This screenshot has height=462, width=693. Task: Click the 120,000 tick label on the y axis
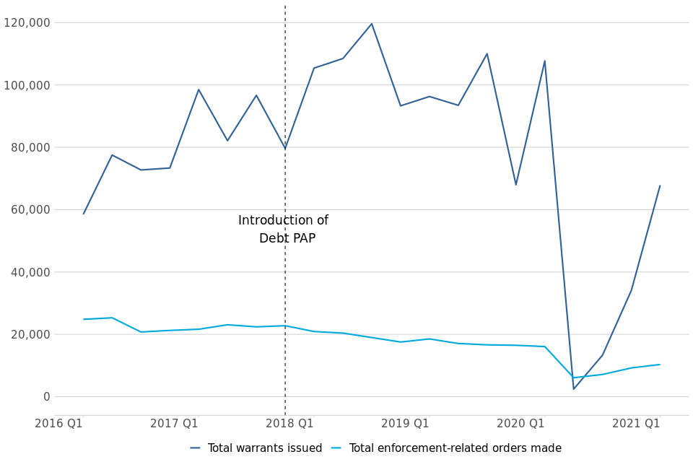click(27, 22)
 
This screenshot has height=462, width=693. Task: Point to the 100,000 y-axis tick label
click(27, 85)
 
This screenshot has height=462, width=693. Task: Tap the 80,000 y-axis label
click(30, 147)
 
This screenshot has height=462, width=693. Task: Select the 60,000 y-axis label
click(30, 210)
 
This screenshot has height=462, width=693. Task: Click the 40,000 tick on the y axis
click(30, 272)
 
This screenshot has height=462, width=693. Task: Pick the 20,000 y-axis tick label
click(30, 334)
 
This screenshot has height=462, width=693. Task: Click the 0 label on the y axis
click(47, 396)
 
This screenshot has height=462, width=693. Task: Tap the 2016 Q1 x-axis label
click(58, 424)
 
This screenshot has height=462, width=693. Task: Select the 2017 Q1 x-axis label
click(174, 424)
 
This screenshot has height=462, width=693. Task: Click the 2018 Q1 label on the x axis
click(289, 424)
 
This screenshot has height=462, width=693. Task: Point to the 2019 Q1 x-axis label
click(405, 424)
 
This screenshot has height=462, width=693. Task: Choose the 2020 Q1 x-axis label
click(520, 424)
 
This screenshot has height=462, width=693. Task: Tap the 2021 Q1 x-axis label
click(636, 424)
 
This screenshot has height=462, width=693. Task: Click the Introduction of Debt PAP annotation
click(284, 230)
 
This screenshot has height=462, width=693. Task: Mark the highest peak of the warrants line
click(372, 24)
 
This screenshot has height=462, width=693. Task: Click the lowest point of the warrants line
click(574, 389)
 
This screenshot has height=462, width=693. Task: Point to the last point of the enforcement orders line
click(659, 365)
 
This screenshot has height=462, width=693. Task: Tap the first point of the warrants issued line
click(84, 214)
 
